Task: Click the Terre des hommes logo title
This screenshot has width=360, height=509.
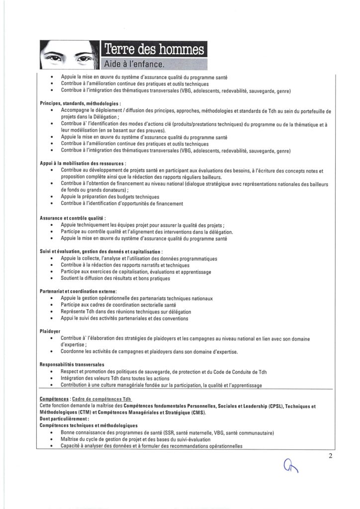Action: pyautogui.click(x=154, y=50)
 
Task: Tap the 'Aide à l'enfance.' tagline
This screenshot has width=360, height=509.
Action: pyautogui.click(x=134, y=65)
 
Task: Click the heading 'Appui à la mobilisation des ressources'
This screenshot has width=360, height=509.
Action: pyautogui.click(x=82, y=163)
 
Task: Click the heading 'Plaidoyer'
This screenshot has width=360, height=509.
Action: pyautogui.click(x=50, y=331)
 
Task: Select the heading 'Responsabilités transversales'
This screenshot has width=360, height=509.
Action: pyautogui.click(x=72, y=364)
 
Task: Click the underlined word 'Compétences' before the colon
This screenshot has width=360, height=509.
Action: pyautogui.click(x=54, y=399)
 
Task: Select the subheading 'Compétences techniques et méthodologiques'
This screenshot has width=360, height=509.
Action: pyautogui.click(x=88, y=425)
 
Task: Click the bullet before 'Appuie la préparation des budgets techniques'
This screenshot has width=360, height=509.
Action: pyautogui.click(x=53, y=197)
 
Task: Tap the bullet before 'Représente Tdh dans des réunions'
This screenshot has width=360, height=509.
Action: pyautogui.click(x=53, y=312)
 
